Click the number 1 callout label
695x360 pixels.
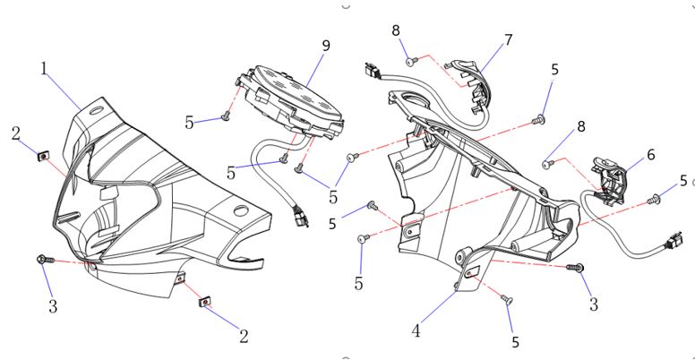44,68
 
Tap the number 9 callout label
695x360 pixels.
325,45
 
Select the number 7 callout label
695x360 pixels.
509,40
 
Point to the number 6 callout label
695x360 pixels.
651,155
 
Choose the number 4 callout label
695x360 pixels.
416,330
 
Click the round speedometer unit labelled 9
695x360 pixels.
296,101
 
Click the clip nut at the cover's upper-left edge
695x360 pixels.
41,157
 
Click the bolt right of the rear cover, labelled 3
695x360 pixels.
576,267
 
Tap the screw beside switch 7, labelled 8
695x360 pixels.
412,61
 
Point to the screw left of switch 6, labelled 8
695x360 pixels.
550,164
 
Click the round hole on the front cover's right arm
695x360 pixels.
240,211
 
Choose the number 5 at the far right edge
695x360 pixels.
683,181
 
